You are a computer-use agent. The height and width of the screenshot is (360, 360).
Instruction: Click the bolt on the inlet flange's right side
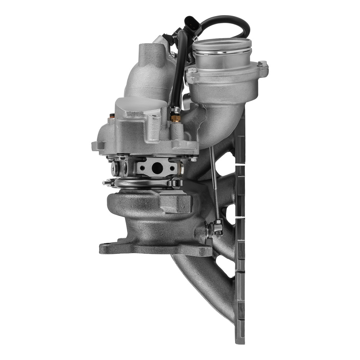(262, 64)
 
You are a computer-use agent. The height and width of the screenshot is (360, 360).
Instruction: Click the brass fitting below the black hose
(176, 118)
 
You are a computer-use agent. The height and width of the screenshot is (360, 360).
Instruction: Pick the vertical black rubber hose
(178, 68)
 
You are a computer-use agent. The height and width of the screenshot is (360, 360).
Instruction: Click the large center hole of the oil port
(157, 167)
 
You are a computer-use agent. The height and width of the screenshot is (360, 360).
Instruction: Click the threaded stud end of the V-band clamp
(106, 183)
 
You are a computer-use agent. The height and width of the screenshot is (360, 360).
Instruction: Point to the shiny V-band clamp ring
(144, 184)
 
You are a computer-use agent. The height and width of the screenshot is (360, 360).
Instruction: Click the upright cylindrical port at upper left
(150, 54)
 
